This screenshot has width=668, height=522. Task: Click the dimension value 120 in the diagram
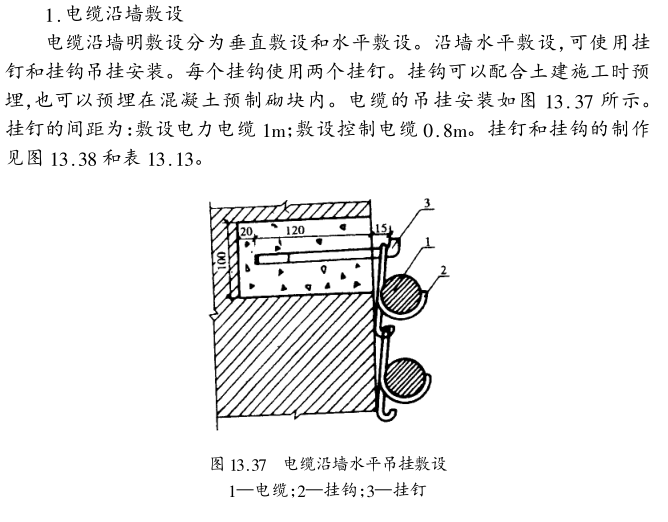294,230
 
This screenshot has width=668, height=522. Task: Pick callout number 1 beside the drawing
426,243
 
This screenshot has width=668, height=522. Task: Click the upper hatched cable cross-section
402,289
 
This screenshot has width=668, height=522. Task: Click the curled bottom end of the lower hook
388,409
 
